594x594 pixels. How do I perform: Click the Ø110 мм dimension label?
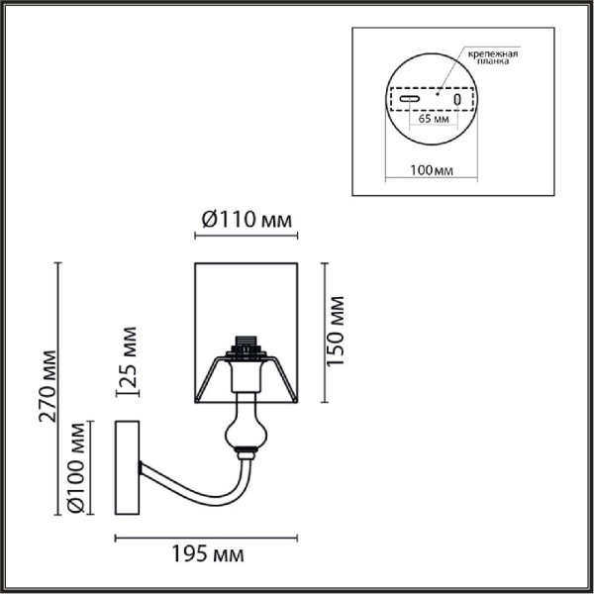coord(247,220)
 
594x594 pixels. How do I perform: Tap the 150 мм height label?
coord(336,331)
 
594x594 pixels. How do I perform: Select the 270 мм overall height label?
coord(48,386)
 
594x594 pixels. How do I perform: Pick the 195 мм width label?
coord(208,554)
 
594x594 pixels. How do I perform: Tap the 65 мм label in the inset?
coord(434,119)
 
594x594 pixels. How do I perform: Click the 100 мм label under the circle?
coord(432,170)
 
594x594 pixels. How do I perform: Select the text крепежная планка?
coord(493,56)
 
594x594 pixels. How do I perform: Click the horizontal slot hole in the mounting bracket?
coord(410,99)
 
